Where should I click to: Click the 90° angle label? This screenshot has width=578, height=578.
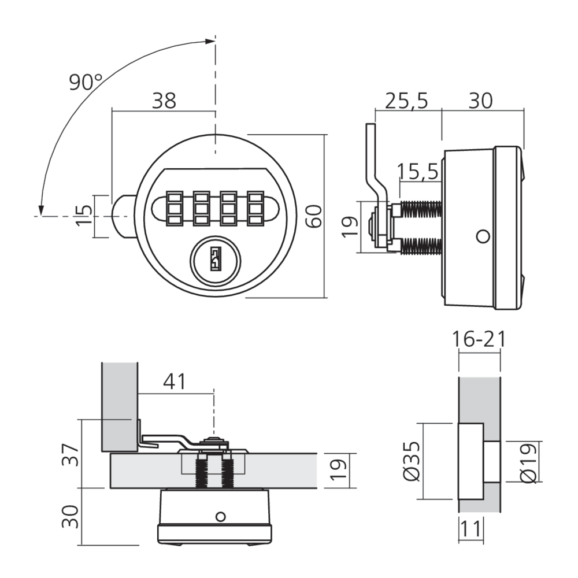pos(85,82)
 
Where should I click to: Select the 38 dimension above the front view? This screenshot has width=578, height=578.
pos(164,100)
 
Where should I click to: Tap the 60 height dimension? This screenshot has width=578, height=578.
pos(314,216)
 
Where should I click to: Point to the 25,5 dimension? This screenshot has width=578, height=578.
pos(406,100)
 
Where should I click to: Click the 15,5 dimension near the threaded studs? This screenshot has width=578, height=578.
pos(418,171)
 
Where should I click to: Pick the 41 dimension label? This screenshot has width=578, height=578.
pos(175,382)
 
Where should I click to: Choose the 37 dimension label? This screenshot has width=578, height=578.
pos(70,455)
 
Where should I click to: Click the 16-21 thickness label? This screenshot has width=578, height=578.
pos(479,339)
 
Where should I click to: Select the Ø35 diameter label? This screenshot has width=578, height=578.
pos(412,461)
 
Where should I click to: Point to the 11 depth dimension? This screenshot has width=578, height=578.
pos(470,528)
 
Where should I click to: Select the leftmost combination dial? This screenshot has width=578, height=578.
pos(175,208)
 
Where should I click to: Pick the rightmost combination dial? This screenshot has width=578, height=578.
pos(255,208)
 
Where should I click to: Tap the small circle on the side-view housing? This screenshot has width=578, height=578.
pos(483,236)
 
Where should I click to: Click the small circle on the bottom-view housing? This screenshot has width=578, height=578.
pos(220,516)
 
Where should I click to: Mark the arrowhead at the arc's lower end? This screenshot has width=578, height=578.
pos(42,210)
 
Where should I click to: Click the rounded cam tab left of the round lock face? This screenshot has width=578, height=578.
pos(124,216)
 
